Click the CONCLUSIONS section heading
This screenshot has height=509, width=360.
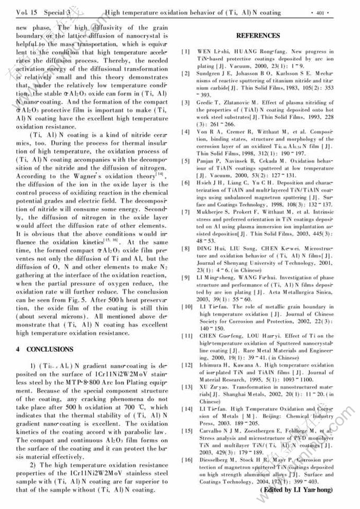pyautogui.click(x=44, y=350)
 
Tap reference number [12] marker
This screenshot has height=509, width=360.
pyautogui.click(x=187, y=365)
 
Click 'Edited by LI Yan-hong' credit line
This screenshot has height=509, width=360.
pyautogui.click(x=296, y=490)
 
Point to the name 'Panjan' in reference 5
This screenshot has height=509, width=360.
pyautogui.click(x=207, y=160)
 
